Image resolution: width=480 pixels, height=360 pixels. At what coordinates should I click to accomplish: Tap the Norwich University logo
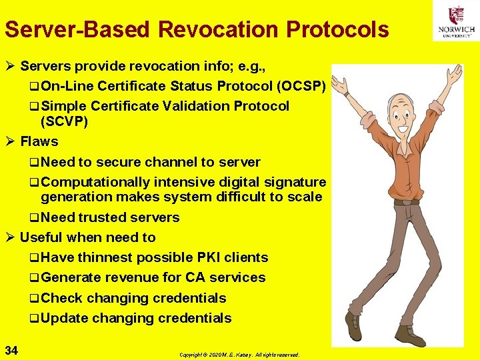(x=456, y=21)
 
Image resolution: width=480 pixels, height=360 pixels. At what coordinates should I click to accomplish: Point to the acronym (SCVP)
(x=64, y=121)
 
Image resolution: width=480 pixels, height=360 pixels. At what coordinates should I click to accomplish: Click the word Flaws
(x=39, y=141)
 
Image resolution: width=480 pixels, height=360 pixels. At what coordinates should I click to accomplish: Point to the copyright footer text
(x=239, y=355)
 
